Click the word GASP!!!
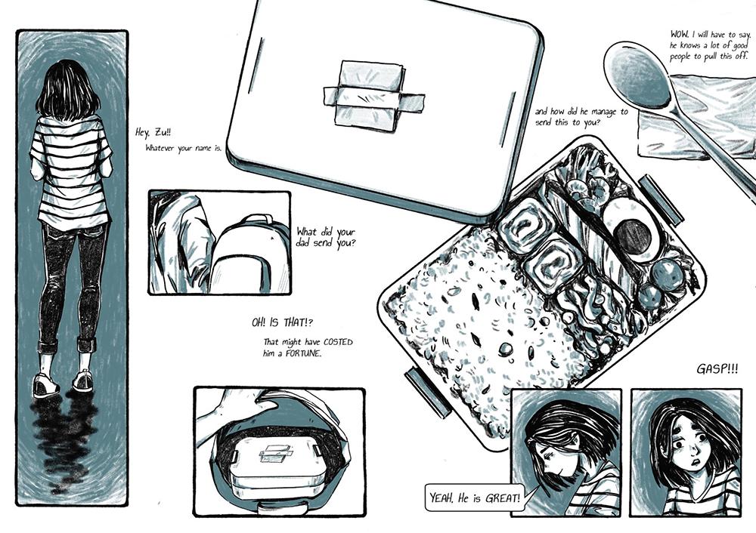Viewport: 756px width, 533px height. tap(717, 369)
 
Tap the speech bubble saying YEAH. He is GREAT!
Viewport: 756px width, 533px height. tap(475, 497)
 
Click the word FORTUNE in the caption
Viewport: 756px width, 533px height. tap(302, 353)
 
